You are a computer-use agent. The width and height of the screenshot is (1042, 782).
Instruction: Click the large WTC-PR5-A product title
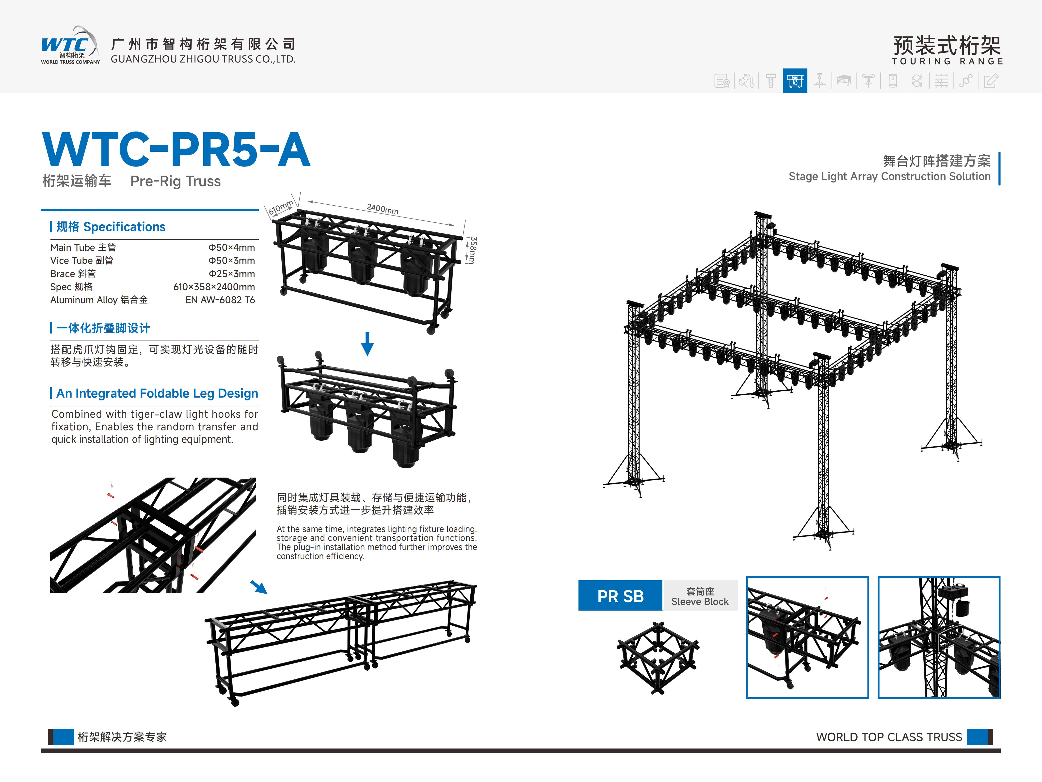pos(176,150)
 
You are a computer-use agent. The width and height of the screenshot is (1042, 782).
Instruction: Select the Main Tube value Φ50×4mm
pos(231,248)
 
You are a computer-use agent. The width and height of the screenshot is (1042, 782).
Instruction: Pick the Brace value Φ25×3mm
pos(231,274)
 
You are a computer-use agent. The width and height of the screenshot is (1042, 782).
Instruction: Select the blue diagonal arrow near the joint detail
pos(259,587)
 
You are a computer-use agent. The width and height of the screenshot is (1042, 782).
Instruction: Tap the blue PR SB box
pos(620,596)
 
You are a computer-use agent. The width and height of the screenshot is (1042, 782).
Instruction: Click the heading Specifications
pos(111,227)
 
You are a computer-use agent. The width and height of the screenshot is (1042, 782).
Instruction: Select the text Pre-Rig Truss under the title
pos(175,182)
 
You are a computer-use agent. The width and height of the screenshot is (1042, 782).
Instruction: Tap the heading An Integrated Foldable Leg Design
pos(157,394)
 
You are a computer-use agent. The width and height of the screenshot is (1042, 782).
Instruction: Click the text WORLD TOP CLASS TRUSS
pos(889,737)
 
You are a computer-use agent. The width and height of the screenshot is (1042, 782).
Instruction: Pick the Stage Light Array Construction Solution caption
pos(889,177)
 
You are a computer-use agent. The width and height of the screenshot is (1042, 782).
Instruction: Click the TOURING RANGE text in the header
pos(947,61)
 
